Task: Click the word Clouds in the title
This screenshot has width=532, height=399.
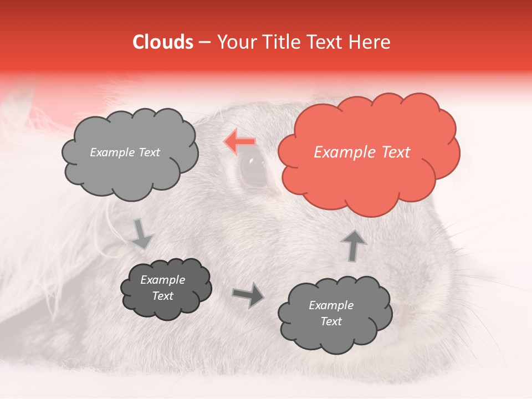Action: pyautogui.click(x=163, y=42)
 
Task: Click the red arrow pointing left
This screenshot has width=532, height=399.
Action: pyautogui.click(x=240, y=142)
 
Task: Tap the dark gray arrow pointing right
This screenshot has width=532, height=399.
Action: pyautogui.click(x=248, y=295)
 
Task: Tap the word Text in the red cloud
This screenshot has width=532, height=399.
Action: pyautogui.click(x=396, y=152)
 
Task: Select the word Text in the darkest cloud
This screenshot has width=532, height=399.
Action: pyautogui.click(x=162, y=296)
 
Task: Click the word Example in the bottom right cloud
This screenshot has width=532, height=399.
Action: pyautogui.click(x=331, y=305)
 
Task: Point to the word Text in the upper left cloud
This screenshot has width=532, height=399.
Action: pyautogui.click(x=148, y=152)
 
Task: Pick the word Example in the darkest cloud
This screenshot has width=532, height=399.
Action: pyautogui.click(x=162, y=280)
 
